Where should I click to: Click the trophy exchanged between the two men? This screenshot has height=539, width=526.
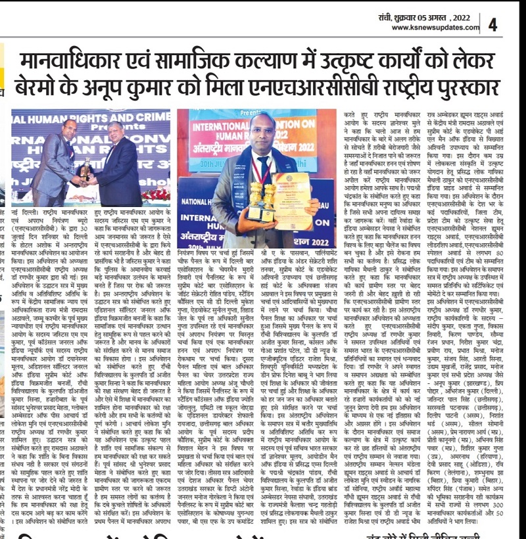tap(85, 170)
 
